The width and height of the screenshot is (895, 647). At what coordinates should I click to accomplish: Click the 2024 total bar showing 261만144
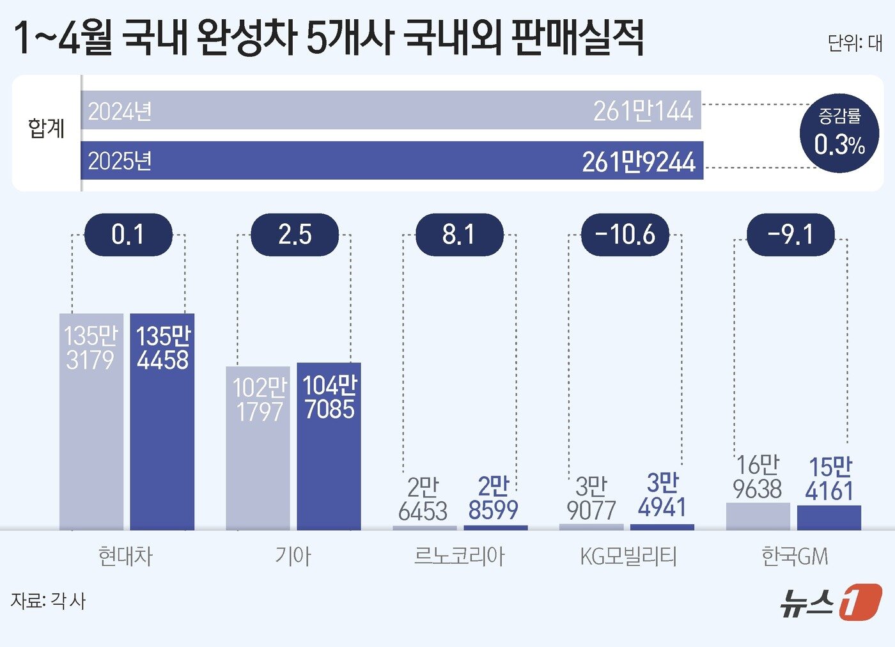coord(391,111)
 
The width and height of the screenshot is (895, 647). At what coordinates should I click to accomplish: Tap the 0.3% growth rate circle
coord(839,134)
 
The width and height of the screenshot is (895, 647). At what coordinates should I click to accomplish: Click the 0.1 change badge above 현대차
coord(128,235)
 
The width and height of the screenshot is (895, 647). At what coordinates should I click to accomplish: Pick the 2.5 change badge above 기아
coord(295,235)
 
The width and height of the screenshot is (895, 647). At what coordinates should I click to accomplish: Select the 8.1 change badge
coord(459,235)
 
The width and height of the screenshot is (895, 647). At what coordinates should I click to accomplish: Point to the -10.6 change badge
coord(625,235)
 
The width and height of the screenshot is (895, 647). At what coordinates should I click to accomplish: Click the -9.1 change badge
coord(791,235)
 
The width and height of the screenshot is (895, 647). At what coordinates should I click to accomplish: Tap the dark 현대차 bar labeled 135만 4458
coord(162,435)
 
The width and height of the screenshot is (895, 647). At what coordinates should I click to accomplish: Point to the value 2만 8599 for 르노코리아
coord(493,498)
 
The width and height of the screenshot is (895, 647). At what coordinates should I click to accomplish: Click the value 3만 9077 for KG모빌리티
coord(591,499)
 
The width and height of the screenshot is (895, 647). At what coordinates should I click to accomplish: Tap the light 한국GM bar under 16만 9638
coord(758,517)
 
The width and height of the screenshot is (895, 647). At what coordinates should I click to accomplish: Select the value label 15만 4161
coord(829,479)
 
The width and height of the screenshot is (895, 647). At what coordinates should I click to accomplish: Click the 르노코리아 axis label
coord(459,556)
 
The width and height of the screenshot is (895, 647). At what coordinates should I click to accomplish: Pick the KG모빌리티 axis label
coord(628,556)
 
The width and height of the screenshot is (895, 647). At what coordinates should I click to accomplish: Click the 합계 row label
coord(46,129)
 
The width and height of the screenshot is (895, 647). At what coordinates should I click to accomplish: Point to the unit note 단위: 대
coord(854,43)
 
